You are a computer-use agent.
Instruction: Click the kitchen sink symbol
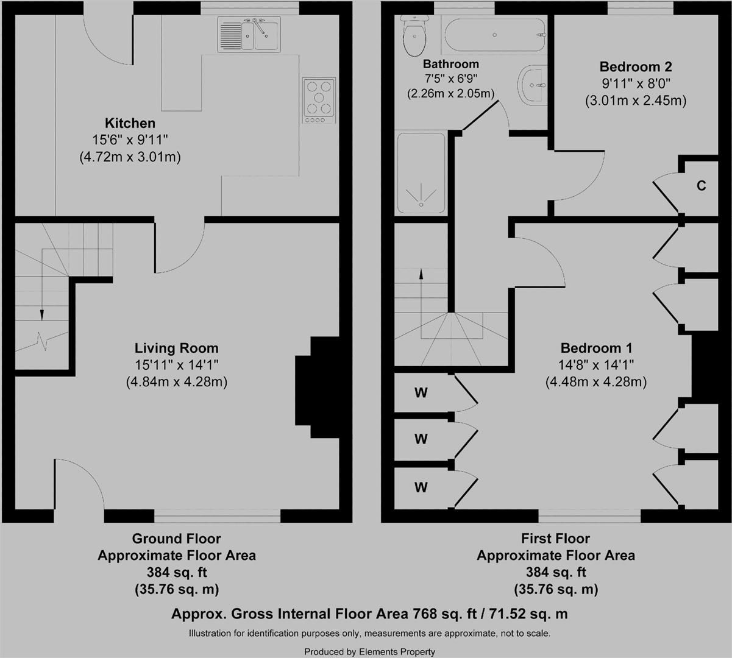tap(249, 35)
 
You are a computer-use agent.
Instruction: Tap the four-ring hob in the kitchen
tap(319, 100)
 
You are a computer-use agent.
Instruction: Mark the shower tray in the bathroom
tap(421, 172)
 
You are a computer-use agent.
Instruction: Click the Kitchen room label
tap(130, 123)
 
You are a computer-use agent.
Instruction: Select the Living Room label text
tap(176, 348)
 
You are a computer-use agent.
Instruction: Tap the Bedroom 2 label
tap(636, 66)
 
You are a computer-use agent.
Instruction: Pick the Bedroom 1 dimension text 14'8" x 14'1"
tap(597, 365)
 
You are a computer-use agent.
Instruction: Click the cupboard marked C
tap(701, 186)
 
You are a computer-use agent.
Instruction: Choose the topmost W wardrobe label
tap(421, 393)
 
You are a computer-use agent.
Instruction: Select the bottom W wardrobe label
tap(421, 487)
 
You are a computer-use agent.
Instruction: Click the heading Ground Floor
tap(176, 539)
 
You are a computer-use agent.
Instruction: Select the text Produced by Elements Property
tap(369, 651)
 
